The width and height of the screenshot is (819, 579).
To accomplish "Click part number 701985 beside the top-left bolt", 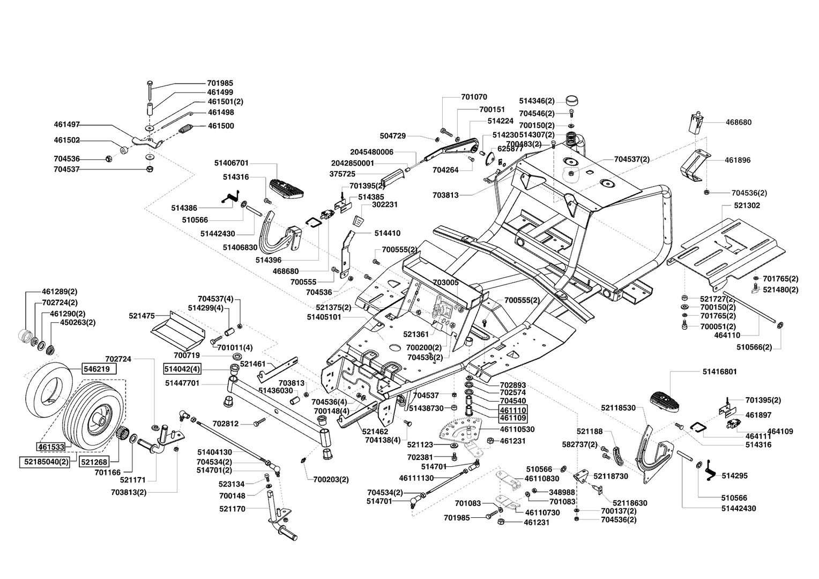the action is coord(220,83).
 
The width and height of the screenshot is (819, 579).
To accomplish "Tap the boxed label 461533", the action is coord(51,447).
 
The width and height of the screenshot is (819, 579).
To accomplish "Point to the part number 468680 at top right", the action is coord(739,122).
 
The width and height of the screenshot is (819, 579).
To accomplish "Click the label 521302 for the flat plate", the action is coord(747,205).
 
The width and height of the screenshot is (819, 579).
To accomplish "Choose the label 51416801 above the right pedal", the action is coord(719,371).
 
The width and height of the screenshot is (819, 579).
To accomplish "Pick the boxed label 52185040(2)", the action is coord(44,462).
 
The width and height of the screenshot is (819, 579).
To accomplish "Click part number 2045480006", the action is coord(372,152).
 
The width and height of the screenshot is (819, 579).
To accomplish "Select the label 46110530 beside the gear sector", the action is coord(517,429).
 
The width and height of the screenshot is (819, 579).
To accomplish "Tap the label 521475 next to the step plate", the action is coord(142,315).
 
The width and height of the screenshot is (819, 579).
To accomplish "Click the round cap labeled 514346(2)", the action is coord(572,100).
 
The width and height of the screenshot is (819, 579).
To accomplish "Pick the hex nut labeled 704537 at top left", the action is coord(149,169).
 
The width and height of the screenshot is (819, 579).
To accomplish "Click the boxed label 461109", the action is coord(513,418).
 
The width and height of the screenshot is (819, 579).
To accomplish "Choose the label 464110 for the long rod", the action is coord(727,335).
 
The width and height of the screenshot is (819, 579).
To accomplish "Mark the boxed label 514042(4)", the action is coord(182,369).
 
